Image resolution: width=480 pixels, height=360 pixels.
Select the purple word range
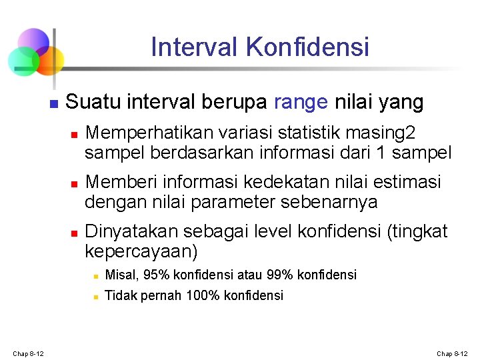(301, 102)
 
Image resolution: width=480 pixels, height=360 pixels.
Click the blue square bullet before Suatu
(54, 104)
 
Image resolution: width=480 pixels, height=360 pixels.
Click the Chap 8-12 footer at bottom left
(28, 353)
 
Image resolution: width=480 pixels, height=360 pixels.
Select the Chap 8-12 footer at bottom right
(452, 353)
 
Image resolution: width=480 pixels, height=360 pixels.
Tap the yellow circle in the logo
(51, 61)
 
